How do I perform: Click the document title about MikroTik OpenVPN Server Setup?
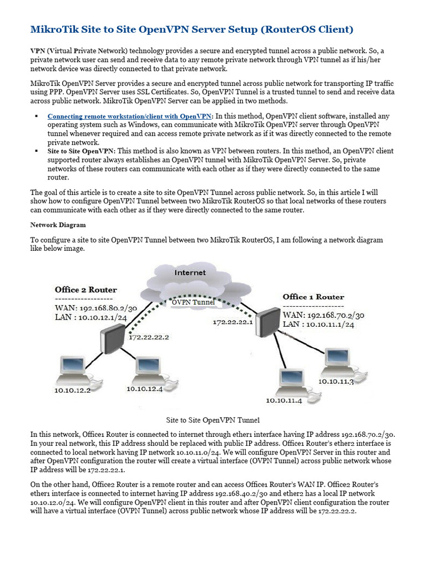pyautogui.click(x=191, y=29)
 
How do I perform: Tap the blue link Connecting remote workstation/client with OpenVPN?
pyautogui.click(x=130, y=116)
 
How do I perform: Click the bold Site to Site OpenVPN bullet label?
pyautogui.click(x=81, y=151)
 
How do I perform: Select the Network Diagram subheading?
pyautogui.click(x=58, y=225)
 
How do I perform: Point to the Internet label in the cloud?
pyautogui.click(x=190, y=272)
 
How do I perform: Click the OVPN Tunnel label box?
pyautogui.click(x=193, y=302)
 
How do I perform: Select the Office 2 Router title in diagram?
pyautogui.click(x=86, y=290)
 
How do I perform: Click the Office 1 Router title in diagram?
pyautogui.click(x=313, y=297)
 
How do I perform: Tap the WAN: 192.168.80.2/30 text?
pyautogui.click(x=95, y=308)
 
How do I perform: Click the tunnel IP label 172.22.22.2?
pyautogui.click(x=149, y=337)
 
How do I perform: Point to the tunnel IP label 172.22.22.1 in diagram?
pyautogui.click(x=233, y=322)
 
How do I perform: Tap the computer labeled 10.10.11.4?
pyautogui.click(x=287, y=380)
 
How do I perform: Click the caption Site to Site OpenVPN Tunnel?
pyautogui.click(x=213, y=420)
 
